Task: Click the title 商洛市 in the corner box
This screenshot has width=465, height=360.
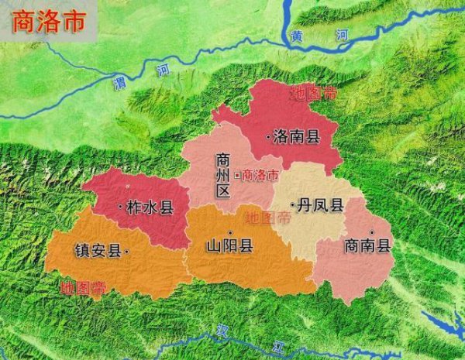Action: coord(49,21)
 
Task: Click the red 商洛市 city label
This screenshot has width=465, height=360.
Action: coord(260,176)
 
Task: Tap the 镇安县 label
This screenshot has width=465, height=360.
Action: coord(97,250)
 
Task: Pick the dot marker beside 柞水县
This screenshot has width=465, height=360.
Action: coord(120,207)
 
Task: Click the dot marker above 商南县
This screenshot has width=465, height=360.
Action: coord(372,232)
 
